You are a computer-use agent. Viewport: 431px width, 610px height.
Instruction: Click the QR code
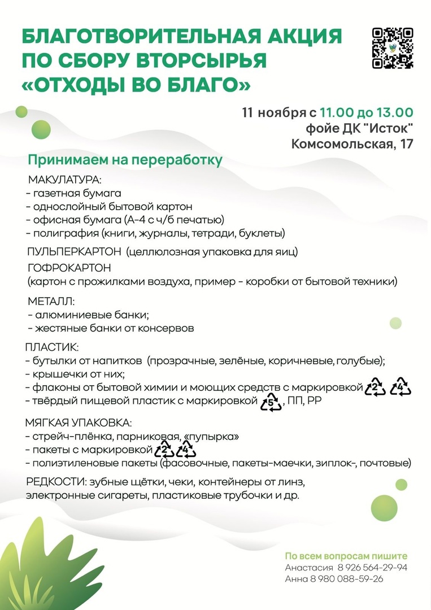click(x=393, y=48)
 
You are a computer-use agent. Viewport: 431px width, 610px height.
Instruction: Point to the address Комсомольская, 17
click(x=352, y=143)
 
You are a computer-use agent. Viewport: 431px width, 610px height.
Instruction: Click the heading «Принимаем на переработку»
click(x=125, y=160)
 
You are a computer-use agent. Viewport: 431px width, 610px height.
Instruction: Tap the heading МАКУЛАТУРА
click(x=64, y=180)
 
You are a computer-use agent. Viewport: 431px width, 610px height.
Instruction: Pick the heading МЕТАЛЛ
click(x=51, y=302)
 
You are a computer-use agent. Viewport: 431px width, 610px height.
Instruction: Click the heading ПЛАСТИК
click(x=52, y=346)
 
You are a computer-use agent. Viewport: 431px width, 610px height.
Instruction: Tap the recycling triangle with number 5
click(x=271, y=403)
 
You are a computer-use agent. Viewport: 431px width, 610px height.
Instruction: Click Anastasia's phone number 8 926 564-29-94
click(x=373, y=568)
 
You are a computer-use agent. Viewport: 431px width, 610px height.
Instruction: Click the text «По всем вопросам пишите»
click(x=346, y=556)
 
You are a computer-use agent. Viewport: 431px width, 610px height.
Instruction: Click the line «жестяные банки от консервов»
click(x=111, y=328)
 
